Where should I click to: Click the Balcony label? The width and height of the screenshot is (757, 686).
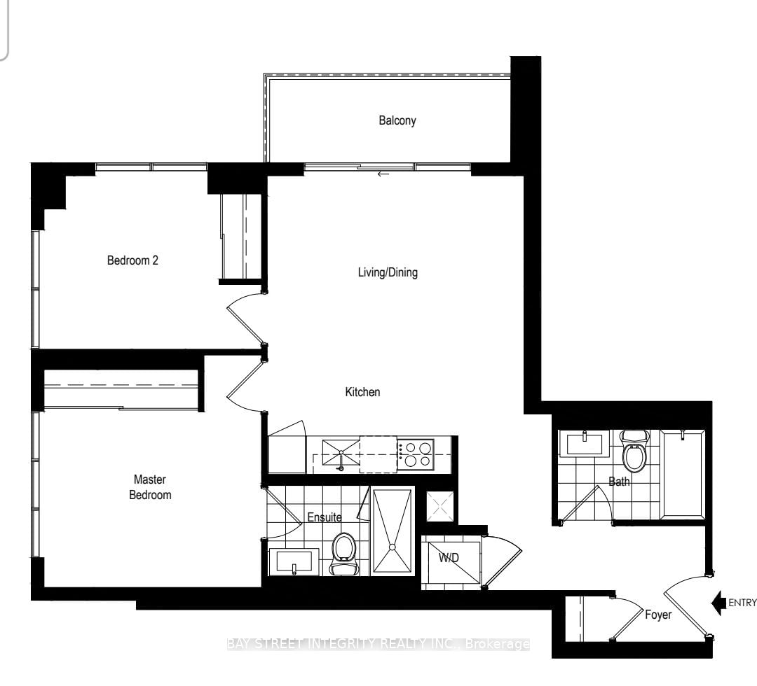click(397, 120)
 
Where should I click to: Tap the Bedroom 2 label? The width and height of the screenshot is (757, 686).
click(132, 260)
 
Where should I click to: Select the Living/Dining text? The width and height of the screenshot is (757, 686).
click(388, 272)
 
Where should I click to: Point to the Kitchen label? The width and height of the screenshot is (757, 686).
click(362, 392)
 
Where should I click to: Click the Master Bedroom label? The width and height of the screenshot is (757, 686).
click(150, 487)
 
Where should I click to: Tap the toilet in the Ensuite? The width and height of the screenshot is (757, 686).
click(344, 554)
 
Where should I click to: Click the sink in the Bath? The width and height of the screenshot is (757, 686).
click(585, 444)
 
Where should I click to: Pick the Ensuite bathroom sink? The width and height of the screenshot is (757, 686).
click(294, 561)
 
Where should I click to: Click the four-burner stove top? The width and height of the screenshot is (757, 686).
click(416, 454)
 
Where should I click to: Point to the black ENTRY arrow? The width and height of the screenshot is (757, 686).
click(719, 603)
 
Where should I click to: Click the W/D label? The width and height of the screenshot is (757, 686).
click(449, 558)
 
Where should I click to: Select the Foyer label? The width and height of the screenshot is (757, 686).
click(658, 615)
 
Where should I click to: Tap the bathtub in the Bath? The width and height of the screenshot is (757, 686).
click(682, 475)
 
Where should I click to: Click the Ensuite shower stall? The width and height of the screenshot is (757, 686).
click(393, 531)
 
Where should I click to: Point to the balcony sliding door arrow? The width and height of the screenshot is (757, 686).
click(383, 174)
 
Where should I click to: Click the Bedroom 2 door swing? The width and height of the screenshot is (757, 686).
click(246, 318)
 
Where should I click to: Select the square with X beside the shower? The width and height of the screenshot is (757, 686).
click(439, 506)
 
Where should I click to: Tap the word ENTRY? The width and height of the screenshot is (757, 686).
click(742, 603)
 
